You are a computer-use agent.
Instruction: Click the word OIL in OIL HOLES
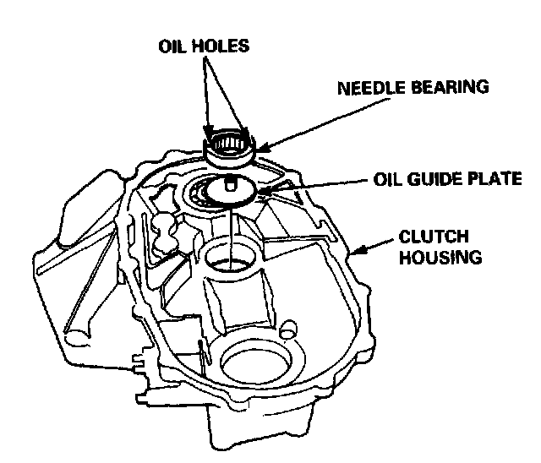point(172,46)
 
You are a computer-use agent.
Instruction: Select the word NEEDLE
point(366,87)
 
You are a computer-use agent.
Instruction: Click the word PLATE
point(494,179)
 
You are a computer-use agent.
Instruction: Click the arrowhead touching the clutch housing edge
point(360,250)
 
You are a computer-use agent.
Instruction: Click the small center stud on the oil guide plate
point(230,184)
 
